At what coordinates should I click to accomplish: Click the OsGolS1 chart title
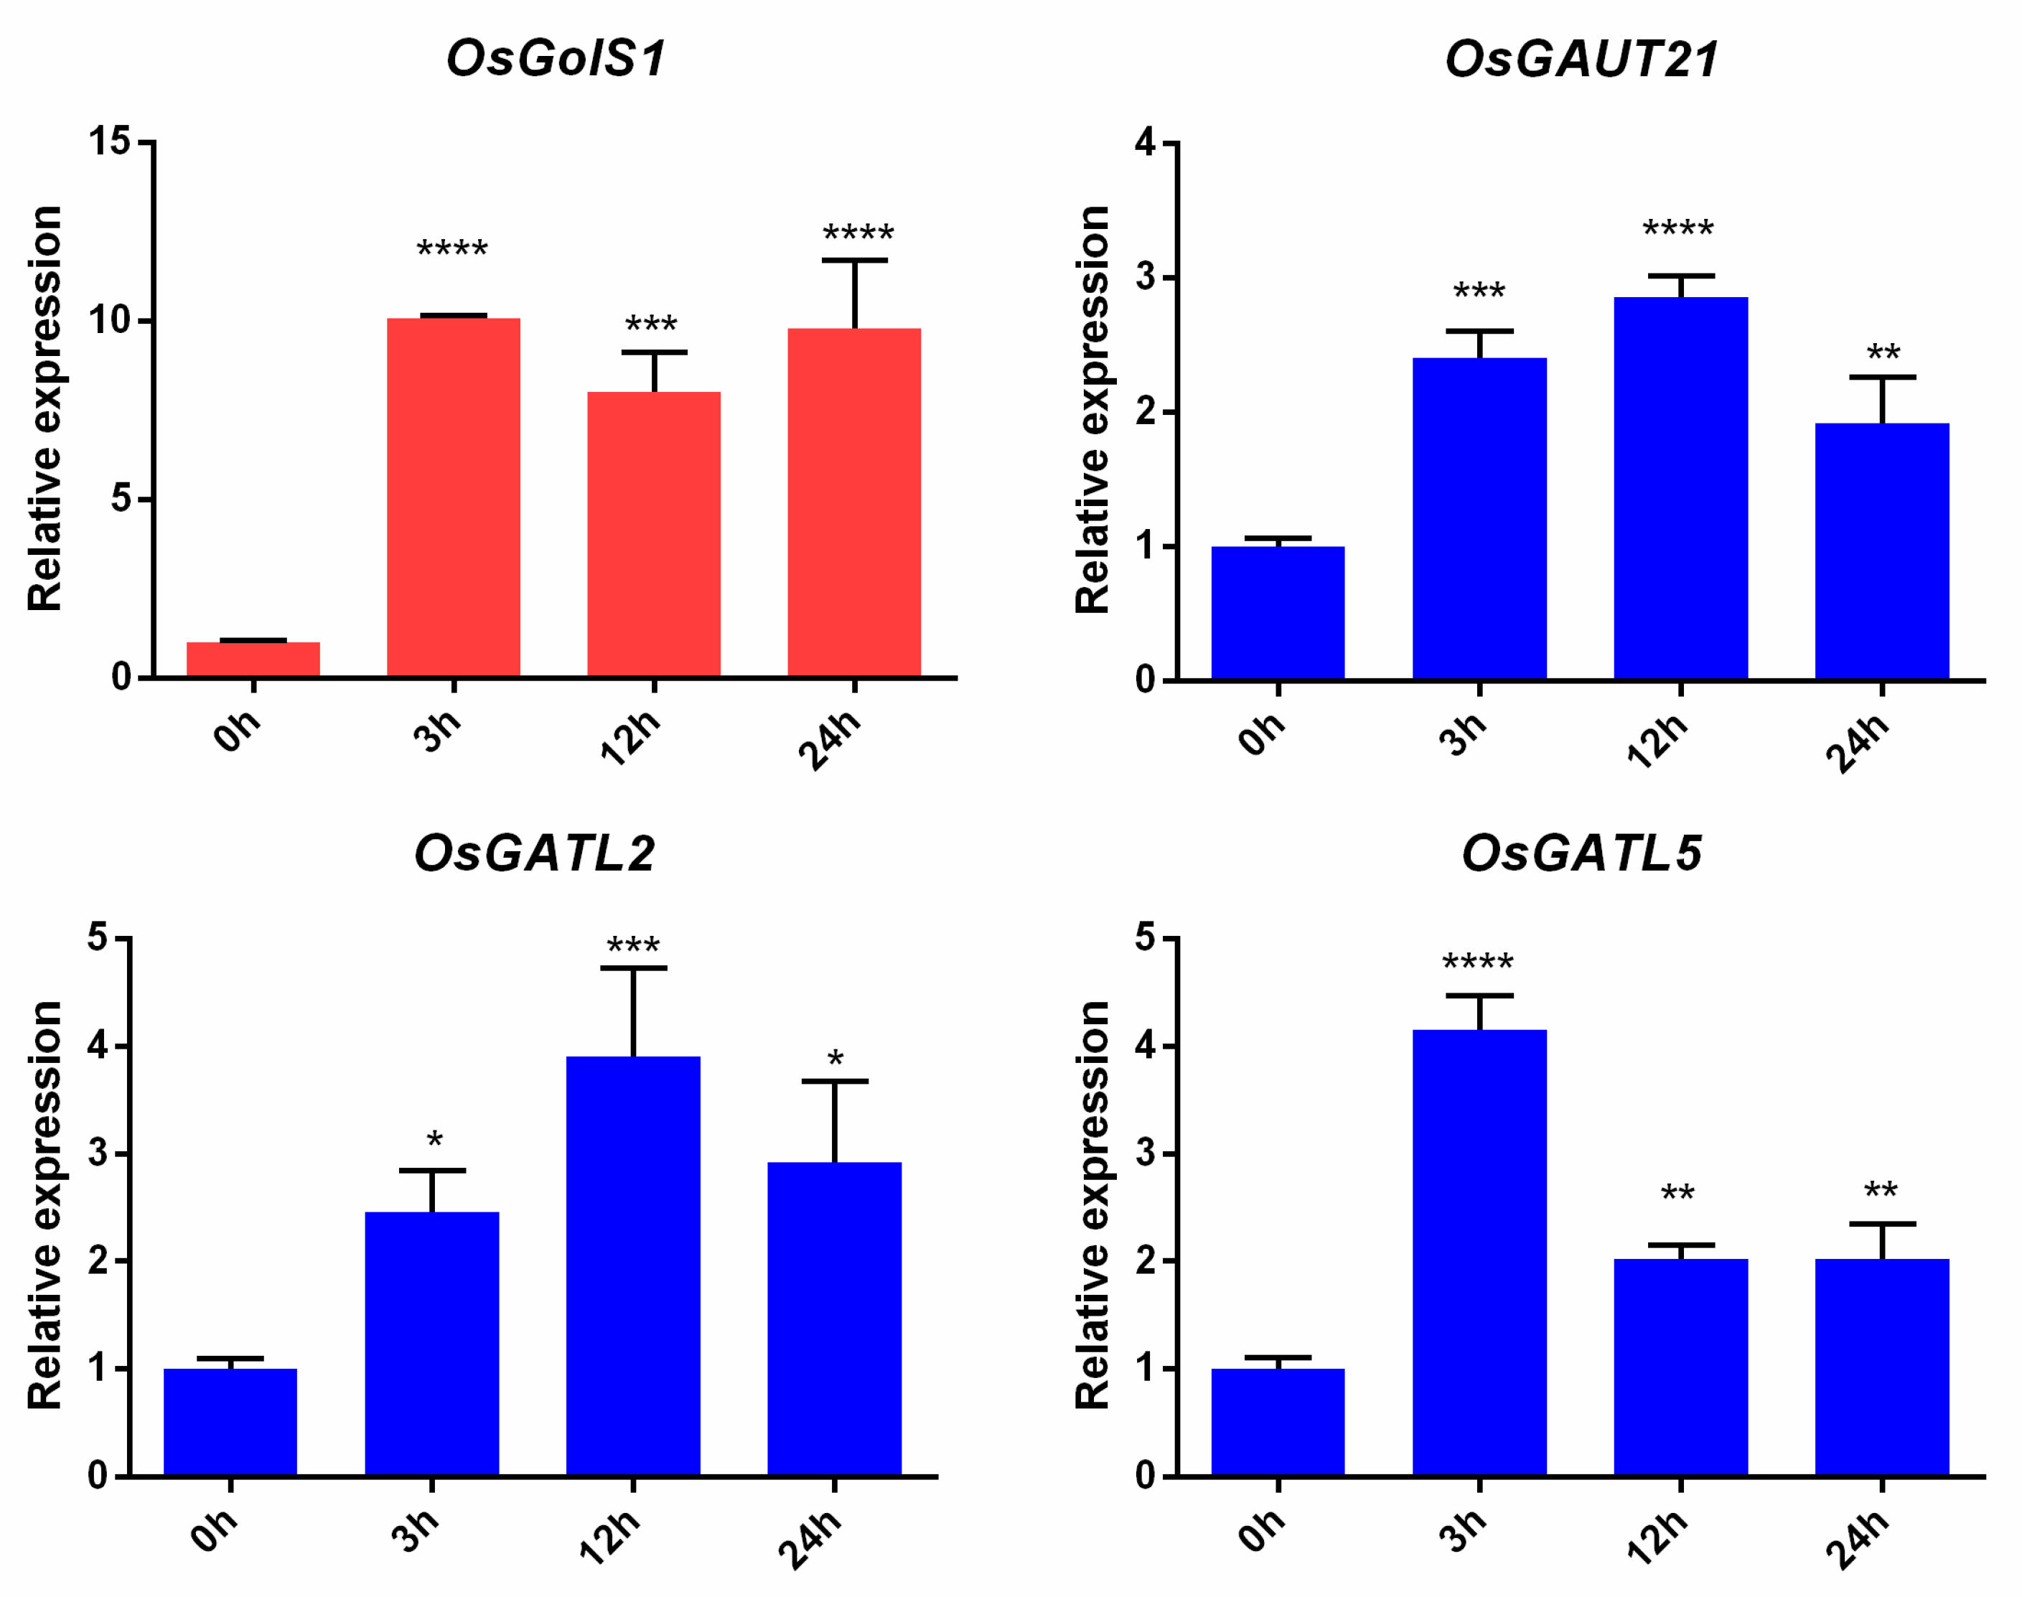(x=556, y=58)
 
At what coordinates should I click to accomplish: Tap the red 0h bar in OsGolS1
(x=253, y=658)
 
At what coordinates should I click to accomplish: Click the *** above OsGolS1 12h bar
(x=652, y=325)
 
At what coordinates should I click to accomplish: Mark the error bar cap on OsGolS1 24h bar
(x=854, y=261)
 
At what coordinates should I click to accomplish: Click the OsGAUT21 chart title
(x=1582, y=58)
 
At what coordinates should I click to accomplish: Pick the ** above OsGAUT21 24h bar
(x=1883, y=353)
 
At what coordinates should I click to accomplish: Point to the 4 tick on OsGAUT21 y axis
(x=1146, y=143)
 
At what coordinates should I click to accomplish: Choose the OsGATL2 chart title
(x=535, y=853)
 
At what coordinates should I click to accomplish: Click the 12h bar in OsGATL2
(x=633, y=1266)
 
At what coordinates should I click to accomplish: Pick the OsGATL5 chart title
(x=1582, y=853)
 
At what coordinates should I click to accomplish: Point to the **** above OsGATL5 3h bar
(x=1478, y=962)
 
